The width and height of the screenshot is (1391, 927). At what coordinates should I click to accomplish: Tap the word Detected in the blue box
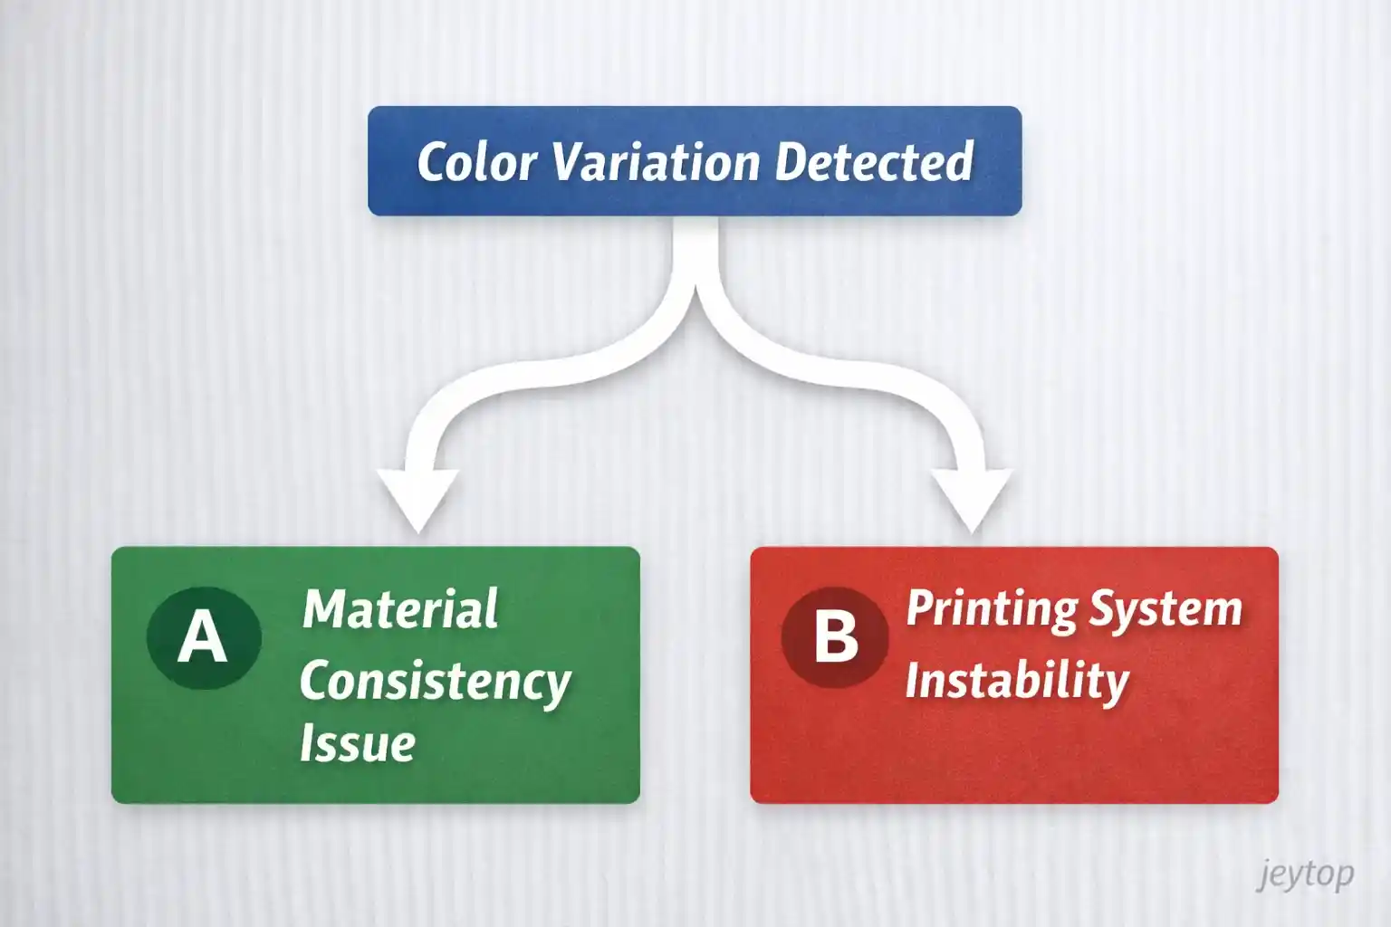873,163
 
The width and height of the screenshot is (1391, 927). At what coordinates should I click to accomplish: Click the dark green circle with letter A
204,637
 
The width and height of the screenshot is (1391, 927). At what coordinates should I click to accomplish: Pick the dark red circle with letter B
835,636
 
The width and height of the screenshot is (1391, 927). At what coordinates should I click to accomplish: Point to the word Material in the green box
400,609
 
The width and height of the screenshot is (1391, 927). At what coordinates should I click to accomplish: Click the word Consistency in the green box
435,682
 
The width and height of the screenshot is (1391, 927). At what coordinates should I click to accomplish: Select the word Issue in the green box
357,744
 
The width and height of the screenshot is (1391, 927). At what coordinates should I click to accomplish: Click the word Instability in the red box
1017,681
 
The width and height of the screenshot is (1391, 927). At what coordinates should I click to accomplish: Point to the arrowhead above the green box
417,499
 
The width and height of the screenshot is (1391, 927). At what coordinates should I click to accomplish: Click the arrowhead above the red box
972,499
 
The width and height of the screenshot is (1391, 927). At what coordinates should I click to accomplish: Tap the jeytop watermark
1305,874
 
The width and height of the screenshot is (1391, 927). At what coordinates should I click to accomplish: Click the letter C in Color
432,163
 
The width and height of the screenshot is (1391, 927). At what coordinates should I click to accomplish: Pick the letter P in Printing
920,608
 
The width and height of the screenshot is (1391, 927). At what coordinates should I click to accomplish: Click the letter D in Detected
790,163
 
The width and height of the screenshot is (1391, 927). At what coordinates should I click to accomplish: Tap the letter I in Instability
913,681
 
